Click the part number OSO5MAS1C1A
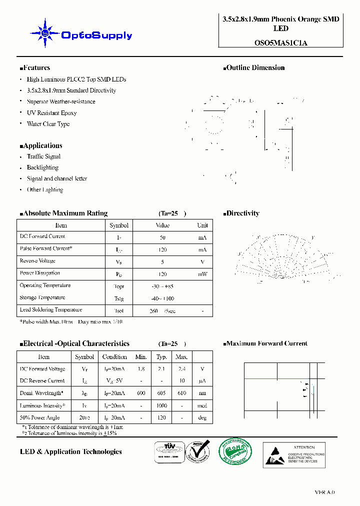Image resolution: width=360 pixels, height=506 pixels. (280, 43)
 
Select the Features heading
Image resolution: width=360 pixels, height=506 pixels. (35, 68)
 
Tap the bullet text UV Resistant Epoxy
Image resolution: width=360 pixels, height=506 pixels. (51, 113)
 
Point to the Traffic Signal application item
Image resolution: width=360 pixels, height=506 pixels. (43, 156)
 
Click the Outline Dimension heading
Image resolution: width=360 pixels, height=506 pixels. (255, 68)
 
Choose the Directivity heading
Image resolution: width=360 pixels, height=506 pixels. (242, 213)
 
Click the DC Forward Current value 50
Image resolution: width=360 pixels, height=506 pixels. (162, 237)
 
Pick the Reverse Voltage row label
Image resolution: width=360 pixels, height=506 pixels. (37, 261)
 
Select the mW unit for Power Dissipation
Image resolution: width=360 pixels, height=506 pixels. (202, 274)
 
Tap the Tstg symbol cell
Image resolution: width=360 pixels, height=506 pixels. (119, 298)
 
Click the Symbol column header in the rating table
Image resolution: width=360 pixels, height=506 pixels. (119, 225)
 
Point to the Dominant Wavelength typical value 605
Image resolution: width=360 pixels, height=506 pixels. (161, 393)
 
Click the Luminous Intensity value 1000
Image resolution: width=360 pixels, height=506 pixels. (161, 406)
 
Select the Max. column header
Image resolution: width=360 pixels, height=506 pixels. (181, 357)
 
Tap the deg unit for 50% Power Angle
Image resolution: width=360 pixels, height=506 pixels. (202, 418)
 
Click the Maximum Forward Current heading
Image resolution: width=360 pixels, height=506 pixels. (266, 343)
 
